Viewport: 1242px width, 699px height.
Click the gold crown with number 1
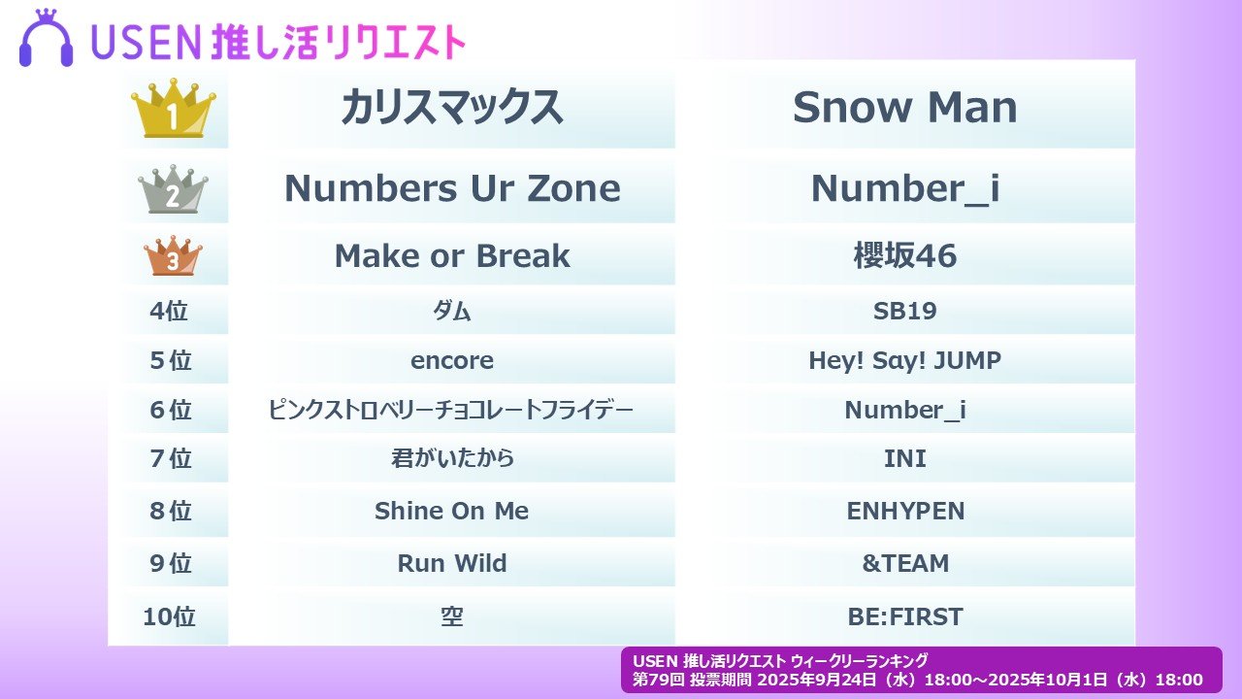(x=174, y=108)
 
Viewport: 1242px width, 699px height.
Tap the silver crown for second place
(x=173, y=188)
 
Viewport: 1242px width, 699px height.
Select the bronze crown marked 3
(x=173, y=255)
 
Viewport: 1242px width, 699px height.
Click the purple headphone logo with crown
(x=46, y=38)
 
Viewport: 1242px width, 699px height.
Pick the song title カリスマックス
(x=452, y=107)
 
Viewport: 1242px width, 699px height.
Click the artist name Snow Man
(x=905, y=107)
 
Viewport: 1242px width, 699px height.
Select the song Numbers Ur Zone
(x=452, y=188)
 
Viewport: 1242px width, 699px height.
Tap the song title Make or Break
(x=452, y=255)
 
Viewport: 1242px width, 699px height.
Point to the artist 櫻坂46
(x=905, y=255)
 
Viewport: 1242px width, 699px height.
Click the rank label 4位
(x=169, y=311)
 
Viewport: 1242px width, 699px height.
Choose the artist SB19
(x=905, y=311)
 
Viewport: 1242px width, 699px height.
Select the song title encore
(x=452, y=361)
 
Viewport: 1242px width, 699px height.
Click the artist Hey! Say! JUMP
(x=905, y=360)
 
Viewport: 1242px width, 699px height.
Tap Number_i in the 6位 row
(x=905, y=411)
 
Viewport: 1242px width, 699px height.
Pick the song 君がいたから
(x=452, y=459)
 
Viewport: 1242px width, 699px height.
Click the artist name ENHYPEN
(x=905, y=511)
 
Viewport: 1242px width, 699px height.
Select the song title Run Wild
(x=452, y=563)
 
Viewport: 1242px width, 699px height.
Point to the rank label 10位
(x=169, y=616)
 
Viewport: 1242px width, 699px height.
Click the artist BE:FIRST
(x=905, y=616)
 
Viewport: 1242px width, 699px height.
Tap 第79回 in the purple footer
(x=659, y=680)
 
